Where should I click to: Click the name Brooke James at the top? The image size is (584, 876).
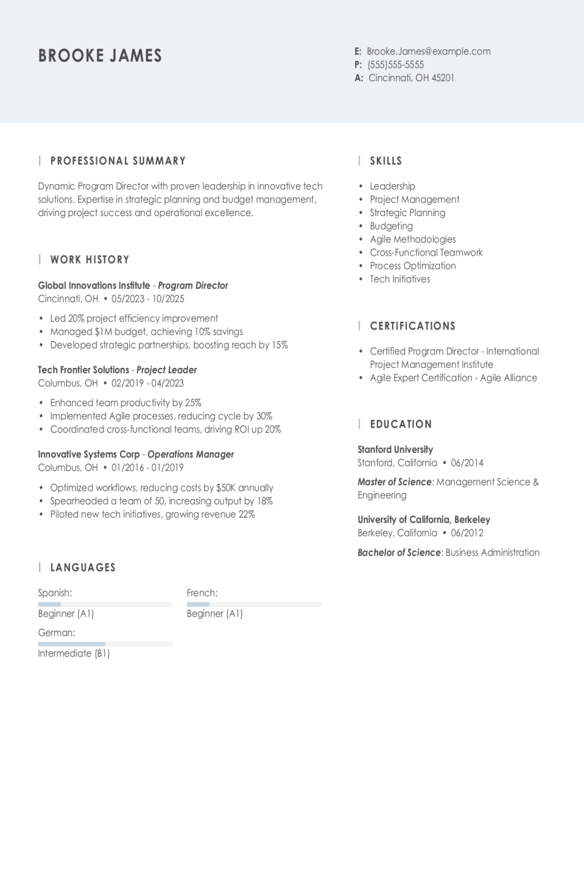pyautogui.click(x=100, y=56)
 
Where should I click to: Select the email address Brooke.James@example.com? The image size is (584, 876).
pyautogui.click(x=428, y=51)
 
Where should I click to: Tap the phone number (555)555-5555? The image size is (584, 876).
pyautogui.click(x=395, y=65)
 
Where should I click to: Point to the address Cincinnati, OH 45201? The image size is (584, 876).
pyautogui.click(x=411, y=78)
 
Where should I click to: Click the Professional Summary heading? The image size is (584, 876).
pyautogui.click(x=117, y=161)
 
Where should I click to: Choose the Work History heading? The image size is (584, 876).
pyautogui.click(x=90, y=260)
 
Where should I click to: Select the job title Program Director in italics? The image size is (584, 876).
pyautogui.click(x=193, y=286)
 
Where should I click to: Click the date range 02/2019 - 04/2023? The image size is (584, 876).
pyautogui.click(x=147, y=383)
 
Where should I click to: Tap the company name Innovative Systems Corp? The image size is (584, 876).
pyautogui.click(x=89, y=454)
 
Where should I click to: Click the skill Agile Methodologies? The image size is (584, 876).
pyautogui.click(x=413, y=239)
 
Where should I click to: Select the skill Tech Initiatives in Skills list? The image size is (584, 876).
pyautogui.click(x=400, y=279)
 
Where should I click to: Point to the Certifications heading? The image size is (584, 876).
pyautogui.click(x=412, y=326)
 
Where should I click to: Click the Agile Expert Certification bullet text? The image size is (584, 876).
pyautogui.click(x=453, y=378)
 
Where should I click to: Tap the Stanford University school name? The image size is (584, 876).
pyautogui.click(x=395, y=449)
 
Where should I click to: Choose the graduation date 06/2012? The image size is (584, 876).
pyautogui.click(x=467, y=533)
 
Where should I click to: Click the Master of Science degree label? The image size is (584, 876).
pyautogui.click(x=395, y=482)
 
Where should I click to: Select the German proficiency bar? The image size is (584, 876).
pyautogui.click(x=105, y=644)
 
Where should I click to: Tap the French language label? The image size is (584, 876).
pyautogui.click(x=202, y=593)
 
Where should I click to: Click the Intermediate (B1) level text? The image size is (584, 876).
pyautogui.click(x=74, y=653)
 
